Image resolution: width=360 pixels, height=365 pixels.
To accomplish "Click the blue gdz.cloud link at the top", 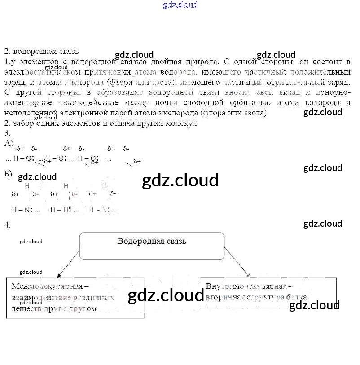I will click(180, 5).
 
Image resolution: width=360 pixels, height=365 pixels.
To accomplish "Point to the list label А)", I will click(9, 143).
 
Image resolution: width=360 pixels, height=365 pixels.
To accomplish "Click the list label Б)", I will click(8, 174).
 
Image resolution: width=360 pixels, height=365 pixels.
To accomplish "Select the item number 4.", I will click(7, 224).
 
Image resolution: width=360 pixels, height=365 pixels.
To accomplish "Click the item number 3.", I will click(7, 133).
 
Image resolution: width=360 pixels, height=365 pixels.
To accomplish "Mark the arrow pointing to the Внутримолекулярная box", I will click(237, 261).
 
